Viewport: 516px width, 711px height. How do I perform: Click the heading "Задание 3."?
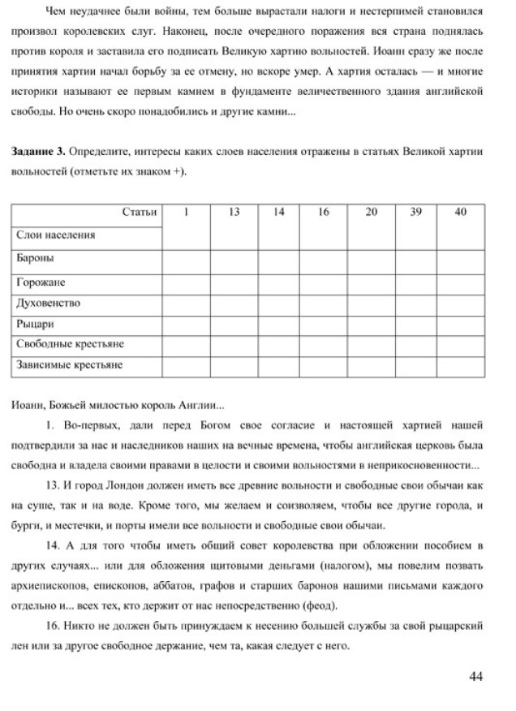coord(38,151)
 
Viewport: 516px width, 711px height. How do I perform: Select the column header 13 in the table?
coord(234,212)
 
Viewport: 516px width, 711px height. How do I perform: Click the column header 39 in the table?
coord(415,212)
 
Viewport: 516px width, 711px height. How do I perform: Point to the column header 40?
coord(460,212)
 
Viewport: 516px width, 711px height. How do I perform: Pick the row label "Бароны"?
coord(36,257)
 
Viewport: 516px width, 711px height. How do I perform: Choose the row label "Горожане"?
coord(41,282)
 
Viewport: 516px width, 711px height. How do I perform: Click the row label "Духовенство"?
coord(48,303)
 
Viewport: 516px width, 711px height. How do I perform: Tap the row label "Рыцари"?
coord(35,323)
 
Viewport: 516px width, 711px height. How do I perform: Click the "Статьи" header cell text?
coord(139,212)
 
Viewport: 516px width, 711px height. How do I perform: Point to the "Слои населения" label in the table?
coord(56,235)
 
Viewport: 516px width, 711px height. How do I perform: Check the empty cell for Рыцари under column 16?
coord(324,324)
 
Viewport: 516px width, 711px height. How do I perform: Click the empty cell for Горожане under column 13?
coord(234,283)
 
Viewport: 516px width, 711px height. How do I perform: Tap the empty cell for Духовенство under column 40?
coord(460,304)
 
